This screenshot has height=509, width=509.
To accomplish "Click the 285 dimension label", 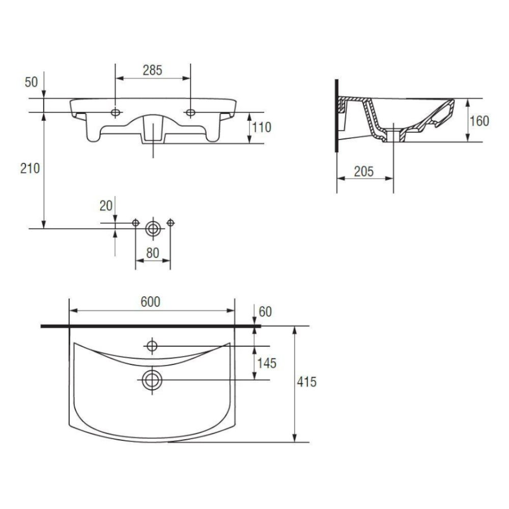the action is [152, 70].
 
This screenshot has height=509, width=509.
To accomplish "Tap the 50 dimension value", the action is [31, 82].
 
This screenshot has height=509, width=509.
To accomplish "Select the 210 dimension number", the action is [30, 168].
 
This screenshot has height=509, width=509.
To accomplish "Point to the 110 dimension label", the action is [262, 127].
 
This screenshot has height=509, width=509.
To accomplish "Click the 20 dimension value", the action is [106, 206].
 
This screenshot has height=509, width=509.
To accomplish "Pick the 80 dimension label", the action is [153, 253].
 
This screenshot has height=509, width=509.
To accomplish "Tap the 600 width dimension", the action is [150, 302].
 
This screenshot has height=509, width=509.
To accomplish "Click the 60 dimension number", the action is [265, 312].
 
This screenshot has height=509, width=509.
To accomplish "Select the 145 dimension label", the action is [267, 363].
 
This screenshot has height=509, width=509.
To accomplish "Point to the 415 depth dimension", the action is [307, 382].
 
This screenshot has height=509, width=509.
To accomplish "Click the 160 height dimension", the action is [479, 121].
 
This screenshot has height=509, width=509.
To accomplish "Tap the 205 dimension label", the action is [364, 172].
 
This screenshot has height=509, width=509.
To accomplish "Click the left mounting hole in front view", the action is [116, 112].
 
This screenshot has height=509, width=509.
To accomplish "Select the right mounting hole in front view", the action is [190, 112].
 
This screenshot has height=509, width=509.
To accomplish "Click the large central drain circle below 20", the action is [153, 229].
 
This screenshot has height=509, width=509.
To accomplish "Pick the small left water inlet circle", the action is [136, 223].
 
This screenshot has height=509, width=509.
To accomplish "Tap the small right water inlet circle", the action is [171, 223].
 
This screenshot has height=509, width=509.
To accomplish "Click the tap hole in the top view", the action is [152, 346].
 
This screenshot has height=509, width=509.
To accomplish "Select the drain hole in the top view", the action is [152, 380].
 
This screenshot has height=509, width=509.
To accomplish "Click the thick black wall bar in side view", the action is [336, 115].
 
